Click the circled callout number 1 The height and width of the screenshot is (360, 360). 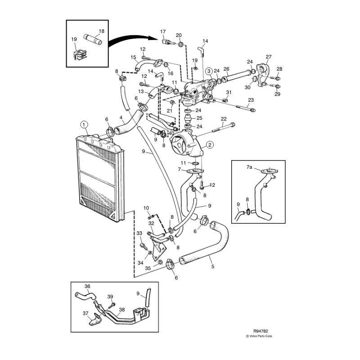[x=84, y=124]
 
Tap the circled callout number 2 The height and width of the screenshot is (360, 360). [x=209, y=145]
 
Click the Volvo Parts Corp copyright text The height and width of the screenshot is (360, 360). [x=259, y=336]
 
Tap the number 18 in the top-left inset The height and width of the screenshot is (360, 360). [x=101, y=31]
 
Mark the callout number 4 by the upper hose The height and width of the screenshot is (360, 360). [x=121, y=118]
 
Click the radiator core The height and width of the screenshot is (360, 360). [x=101, y=175]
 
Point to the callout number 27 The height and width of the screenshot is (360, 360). [x=269, y=57]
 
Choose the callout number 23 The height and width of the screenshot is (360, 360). [x=251, y=99]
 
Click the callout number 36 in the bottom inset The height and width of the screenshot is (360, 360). [x=87, y=286]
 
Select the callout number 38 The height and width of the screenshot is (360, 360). [x=121, y=309]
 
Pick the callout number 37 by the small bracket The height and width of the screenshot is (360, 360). [x=85, y=313]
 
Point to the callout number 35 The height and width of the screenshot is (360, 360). [x=148, y=268]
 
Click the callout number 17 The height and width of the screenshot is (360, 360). [x=163, y=31]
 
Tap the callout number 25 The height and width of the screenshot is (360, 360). [x=199, y=118]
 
